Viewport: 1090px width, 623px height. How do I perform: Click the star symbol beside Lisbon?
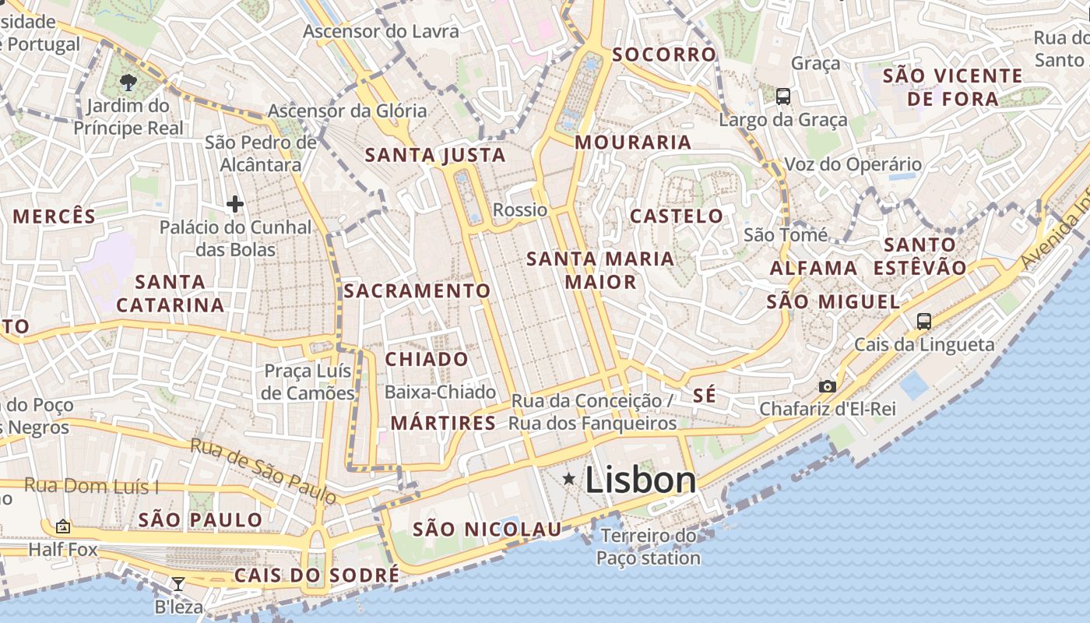569,479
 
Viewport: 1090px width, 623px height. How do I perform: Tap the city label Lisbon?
641,480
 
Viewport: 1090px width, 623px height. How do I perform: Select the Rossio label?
520,209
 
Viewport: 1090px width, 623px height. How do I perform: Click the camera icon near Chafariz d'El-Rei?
827,386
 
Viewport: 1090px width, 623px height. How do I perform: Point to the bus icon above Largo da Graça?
783,97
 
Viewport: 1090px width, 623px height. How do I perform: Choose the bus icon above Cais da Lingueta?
924,321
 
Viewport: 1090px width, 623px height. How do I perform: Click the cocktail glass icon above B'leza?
178,583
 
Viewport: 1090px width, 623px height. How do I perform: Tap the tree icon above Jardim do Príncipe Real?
128,82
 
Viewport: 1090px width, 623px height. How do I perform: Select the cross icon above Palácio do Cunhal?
234,204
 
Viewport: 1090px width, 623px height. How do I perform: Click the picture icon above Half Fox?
63,527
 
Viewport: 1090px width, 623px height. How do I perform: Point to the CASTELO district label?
677,216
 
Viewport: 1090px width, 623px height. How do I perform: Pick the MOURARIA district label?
633,143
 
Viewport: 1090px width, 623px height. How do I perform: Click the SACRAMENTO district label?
417,291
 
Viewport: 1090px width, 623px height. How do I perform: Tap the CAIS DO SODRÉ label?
316,575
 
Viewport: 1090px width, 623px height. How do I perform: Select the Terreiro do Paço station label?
649,547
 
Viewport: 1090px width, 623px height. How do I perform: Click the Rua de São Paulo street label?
264,470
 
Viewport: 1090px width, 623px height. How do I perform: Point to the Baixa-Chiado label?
440,392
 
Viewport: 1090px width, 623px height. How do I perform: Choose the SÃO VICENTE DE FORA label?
964,87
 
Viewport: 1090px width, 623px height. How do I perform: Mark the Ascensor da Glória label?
347,111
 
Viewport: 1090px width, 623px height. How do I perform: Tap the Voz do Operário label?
853,164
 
